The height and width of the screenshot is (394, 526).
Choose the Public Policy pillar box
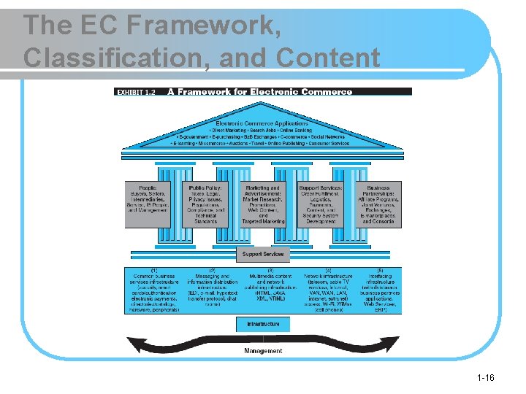[205, 204]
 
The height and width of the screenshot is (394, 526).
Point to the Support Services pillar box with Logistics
[321, 204]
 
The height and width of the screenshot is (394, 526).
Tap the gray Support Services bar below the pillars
[263, 254]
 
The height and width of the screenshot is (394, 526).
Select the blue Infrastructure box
[263, 323]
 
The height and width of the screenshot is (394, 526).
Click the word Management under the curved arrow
[263, 351]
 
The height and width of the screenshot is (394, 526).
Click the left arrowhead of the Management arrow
[132, 342]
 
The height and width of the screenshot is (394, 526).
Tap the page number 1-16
[485, 377]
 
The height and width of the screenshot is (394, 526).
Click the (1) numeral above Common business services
[154, 271]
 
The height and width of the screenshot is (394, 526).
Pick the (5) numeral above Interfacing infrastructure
[379, 271]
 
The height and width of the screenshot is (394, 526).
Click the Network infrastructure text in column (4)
[328, 277]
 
